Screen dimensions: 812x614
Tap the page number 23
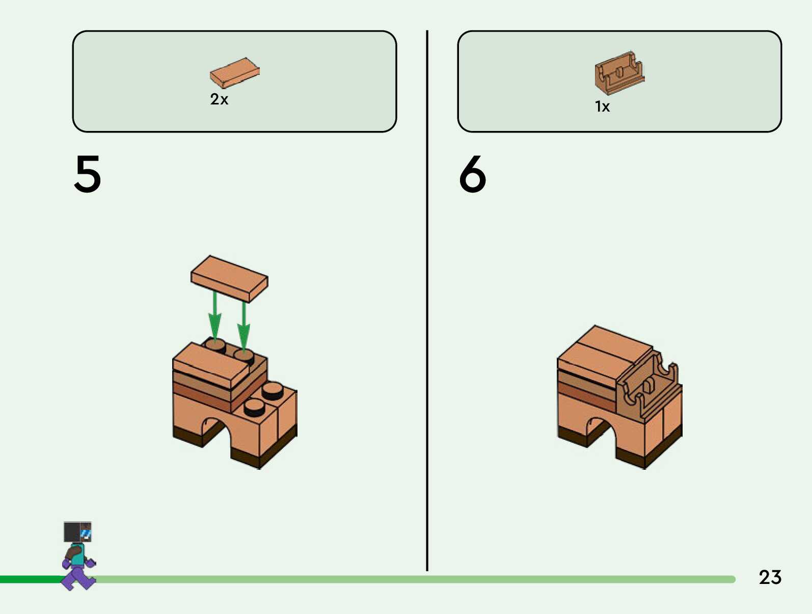(x=770, y=577)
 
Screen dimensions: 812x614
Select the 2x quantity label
(x=219, y=99)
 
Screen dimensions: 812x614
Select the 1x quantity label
(x=602, y=106)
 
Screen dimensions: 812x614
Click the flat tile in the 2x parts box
(x=235, y=72)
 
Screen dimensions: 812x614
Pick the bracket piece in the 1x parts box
(x=619, y=73)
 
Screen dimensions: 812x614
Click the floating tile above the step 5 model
(x=229, y=278)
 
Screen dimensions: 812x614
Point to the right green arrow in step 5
(x=244, y=326)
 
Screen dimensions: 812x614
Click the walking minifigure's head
(x=77, y=532)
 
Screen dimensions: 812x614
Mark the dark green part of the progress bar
(x=31, y=579)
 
